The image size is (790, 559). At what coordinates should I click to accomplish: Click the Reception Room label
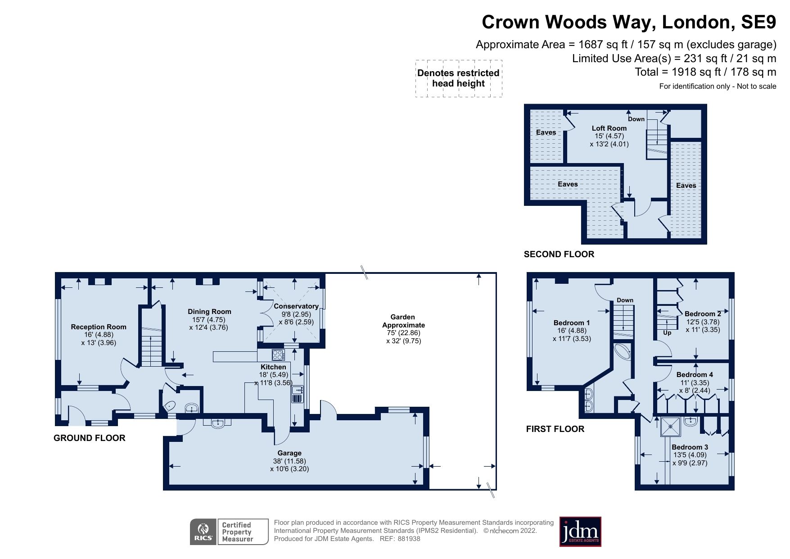tap(99, 327)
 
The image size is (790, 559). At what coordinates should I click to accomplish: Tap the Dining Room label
tap(209, 312)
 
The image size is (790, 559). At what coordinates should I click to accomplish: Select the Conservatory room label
tap(296, 306)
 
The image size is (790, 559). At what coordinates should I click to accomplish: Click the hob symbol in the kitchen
tap(278, 354)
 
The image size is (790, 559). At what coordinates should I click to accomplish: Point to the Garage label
tap(289, 453)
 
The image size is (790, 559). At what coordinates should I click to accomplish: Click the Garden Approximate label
tap(403, 321)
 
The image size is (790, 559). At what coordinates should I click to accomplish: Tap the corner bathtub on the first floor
tap(623, 351)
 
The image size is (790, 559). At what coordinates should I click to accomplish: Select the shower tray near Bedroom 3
tap(670, 427)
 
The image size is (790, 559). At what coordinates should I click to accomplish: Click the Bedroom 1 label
tap(572, 323)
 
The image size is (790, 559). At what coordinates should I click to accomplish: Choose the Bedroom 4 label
tap(695, 375)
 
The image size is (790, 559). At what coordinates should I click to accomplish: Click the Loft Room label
tap(609, 128)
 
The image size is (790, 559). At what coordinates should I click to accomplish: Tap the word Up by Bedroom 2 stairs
tap(667, 333)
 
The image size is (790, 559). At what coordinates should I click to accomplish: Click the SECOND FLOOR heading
tap(559, 255)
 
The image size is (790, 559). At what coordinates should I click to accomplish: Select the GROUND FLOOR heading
tap(89, 438)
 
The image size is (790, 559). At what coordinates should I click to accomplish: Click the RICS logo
tap(203, 532)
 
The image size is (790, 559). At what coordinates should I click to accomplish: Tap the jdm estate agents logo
tap(580, 532)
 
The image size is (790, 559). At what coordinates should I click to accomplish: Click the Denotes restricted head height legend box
tap(458, 78)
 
